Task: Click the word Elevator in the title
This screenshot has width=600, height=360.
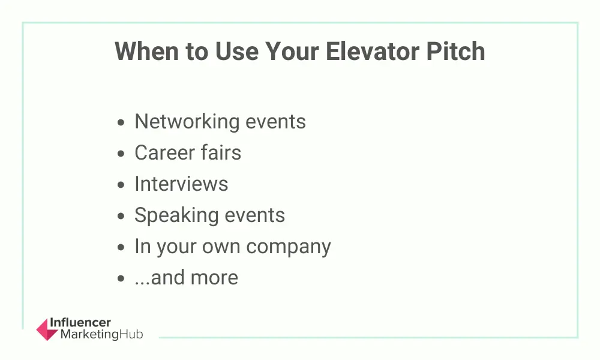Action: click(x=372, y=51)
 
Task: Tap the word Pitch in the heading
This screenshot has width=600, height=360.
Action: click(x=455, y=51)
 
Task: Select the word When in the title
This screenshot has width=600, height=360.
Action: click(x=146, y=51)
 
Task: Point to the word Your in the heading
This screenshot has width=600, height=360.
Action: click(x=292, y=51)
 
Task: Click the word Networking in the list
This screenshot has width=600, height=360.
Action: click(x=187, y=122)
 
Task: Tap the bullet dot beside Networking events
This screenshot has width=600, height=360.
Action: click(x=121, y=122)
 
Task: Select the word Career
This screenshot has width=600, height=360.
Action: click(x=164, y=152)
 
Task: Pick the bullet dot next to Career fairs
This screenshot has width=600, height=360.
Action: click(x=121, y=154)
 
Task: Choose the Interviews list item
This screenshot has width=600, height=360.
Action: click(x=181, y=184)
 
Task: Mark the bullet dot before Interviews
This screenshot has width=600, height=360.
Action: click(x=121, y=185)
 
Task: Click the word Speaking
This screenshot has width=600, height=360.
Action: click(x=176, y=215)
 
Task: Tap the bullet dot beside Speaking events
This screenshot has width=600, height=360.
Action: click(x=121, y=216)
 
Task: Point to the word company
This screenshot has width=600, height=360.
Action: click(x=289, y=247)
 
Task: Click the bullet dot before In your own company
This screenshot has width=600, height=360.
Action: click(x=121, y=247)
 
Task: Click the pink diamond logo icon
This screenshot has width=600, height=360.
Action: click(x=47, y=329)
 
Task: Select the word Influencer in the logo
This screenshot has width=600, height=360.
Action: click(x=80, y=323)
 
